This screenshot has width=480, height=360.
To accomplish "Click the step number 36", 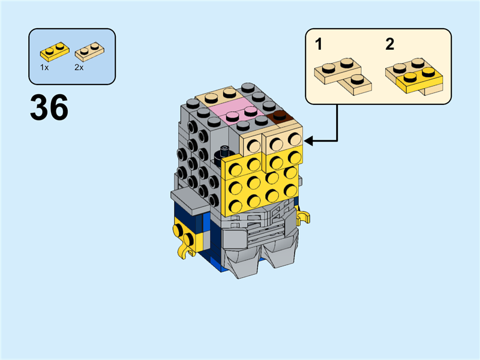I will click(49, 109).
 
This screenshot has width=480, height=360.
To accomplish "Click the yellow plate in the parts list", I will click(53, 51).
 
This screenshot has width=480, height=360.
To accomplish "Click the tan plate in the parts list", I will click(88, 52).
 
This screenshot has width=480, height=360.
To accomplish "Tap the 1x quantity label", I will click(44, 68).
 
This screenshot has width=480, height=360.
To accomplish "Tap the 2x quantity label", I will click(79, 68).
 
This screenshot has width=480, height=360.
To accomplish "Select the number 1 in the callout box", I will click(319, 44).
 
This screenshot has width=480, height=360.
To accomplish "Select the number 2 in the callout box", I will click(390, 44).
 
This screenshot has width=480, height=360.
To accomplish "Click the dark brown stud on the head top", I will click(279, 116).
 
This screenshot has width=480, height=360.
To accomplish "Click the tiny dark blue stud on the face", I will click(224, 149).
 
